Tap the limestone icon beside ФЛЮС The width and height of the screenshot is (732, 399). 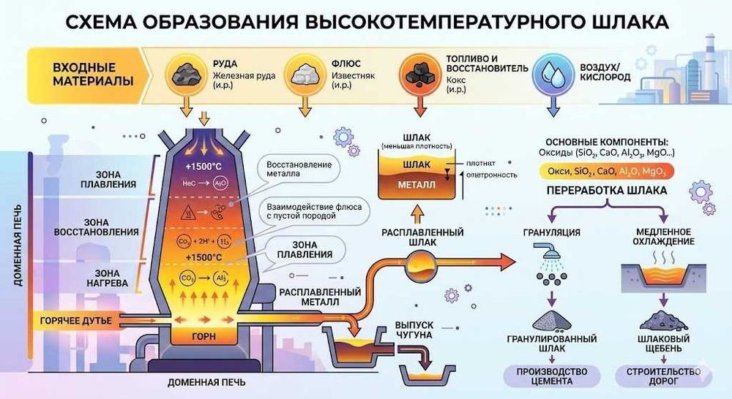pyautogui.click(x=305, y=74)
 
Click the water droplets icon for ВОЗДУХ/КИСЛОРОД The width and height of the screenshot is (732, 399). pyautogui.click(x=553, y=74)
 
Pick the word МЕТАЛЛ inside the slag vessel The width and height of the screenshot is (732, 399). pyautogui.click(x=417, y=186)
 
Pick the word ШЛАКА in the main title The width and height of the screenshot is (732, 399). pyautogui.click(x=627, y=21)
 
